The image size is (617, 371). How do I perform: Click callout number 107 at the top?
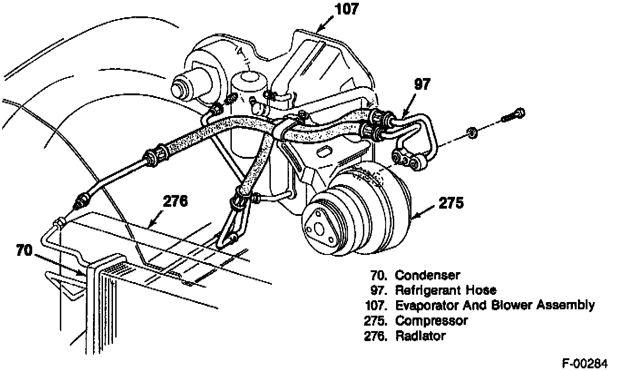347,10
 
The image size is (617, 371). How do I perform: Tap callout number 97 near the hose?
422,84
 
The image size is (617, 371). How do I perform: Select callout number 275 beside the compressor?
451,203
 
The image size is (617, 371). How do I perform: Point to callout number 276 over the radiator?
176,201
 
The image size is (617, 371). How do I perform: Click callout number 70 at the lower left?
24,250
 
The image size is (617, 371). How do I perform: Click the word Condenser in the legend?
427,275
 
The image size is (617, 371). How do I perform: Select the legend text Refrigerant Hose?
446,290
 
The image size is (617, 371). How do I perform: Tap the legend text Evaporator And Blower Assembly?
495,305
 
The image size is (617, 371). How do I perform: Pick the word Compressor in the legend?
431,321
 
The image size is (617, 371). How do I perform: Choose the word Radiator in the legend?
420,336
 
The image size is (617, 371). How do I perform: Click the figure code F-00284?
584,364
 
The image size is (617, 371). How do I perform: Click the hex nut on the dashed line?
473,133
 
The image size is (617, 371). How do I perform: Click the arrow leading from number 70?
60,265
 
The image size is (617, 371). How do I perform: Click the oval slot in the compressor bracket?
324,151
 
